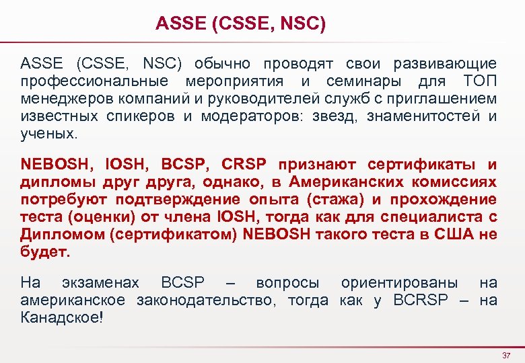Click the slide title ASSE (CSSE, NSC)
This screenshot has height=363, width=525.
[240, 25]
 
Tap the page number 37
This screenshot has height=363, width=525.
[507, 354]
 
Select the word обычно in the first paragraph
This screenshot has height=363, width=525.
[222, 65]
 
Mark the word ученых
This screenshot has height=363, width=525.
[49, 134]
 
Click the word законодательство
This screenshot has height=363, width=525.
[206, 300]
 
